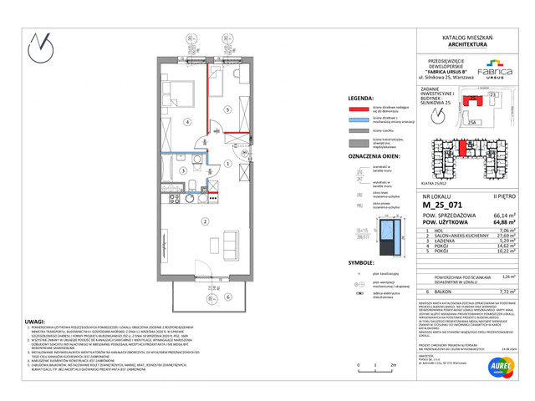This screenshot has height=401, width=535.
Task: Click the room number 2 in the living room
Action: tap(205, 221)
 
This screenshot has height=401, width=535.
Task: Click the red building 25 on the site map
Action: tap(477, 104)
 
